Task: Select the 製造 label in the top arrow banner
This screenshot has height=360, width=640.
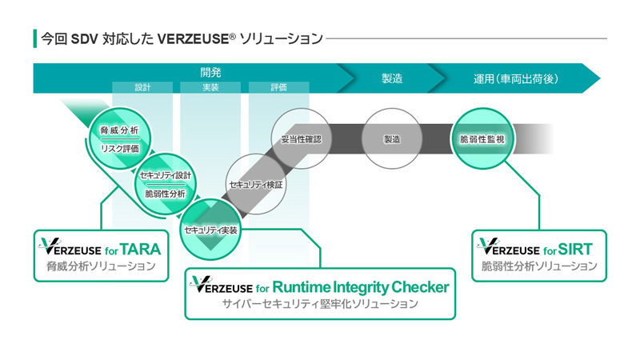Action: (392, 78)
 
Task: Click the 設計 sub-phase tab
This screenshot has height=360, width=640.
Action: (142, 87)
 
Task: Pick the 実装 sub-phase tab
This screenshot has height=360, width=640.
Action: (211, 87)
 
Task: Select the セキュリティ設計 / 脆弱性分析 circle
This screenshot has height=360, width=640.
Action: (166, 184)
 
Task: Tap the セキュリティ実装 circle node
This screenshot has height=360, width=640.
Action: (210, 230)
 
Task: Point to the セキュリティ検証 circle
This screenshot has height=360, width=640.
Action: (256, 184)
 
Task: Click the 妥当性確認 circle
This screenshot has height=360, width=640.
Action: (301, 138)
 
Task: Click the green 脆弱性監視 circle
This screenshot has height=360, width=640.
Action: (482, 138)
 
